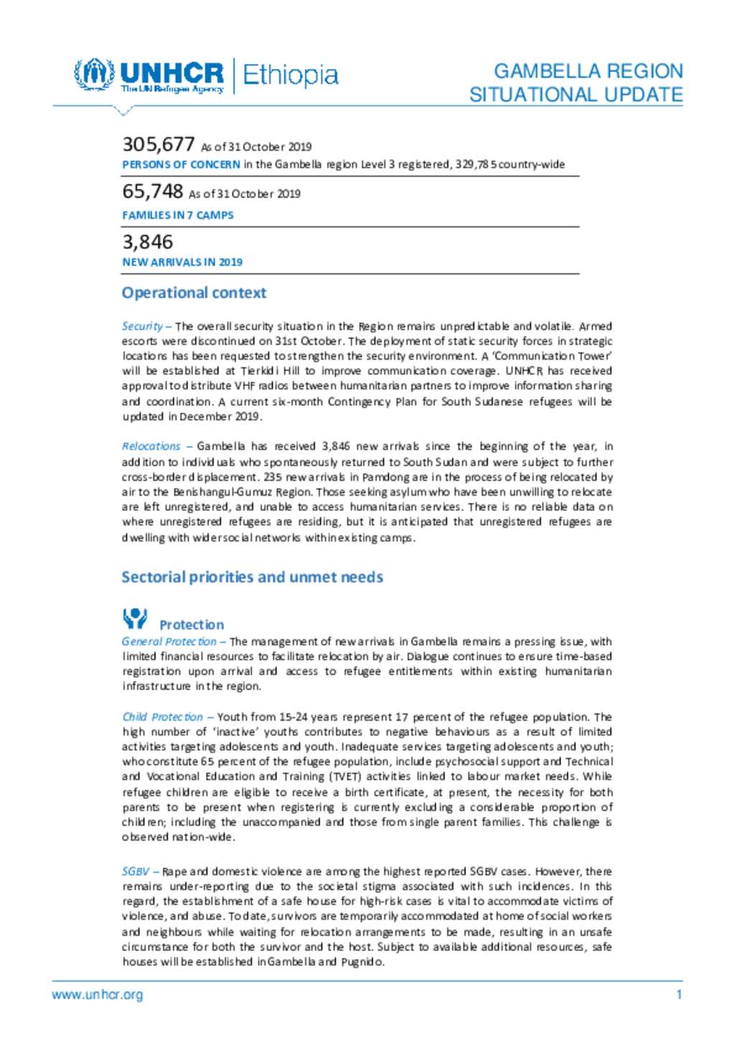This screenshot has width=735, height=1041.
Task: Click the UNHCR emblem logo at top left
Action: (x=94, y=74)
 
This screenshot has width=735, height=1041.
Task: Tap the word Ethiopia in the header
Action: (x=290, y=75)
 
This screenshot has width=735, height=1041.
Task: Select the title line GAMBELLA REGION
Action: (x=588, y=71)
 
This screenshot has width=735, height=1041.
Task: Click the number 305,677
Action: (x=159, y=144)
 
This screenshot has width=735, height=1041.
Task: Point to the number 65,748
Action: (x=153, y=191)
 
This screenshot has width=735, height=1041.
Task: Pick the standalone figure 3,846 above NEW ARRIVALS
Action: (x=148, y=241)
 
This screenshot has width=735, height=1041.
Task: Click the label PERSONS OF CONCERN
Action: (x=181, y=165)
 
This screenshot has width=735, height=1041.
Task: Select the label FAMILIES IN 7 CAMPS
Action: (x=178, y=215)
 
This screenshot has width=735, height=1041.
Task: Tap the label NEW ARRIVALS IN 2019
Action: (x=182, y=262)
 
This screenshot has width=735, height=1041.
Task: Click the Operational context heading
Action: (x=194, y=292)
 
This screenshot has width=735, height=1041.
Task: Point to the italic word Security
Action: (x=142, y=326)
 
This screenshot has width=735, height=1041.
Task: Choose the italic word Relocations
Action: (x=151, y=446)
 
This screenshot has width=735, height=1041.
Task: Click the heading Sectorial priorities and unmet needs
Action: (x=252, y=577)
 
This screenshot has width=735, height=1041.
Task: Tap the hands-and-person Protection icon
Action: (x=135, y=619)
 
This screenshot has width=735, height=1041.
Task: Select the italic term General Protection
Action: (x=169, y=642)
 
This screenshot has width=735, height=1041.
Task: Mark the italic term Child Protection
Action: (x=162, y=717)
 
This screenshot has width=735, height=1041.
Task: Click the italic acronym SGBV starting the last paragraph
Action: (x=135, y=871)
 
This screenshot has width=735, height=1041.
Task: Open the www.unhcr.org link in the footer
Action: (x=97, y=995)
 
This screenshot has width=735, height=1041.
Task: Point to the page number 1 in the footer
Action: (x=679, y=995)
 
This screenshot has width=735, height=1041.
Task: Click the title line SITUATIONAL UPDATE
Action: (x=576, y=95)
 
